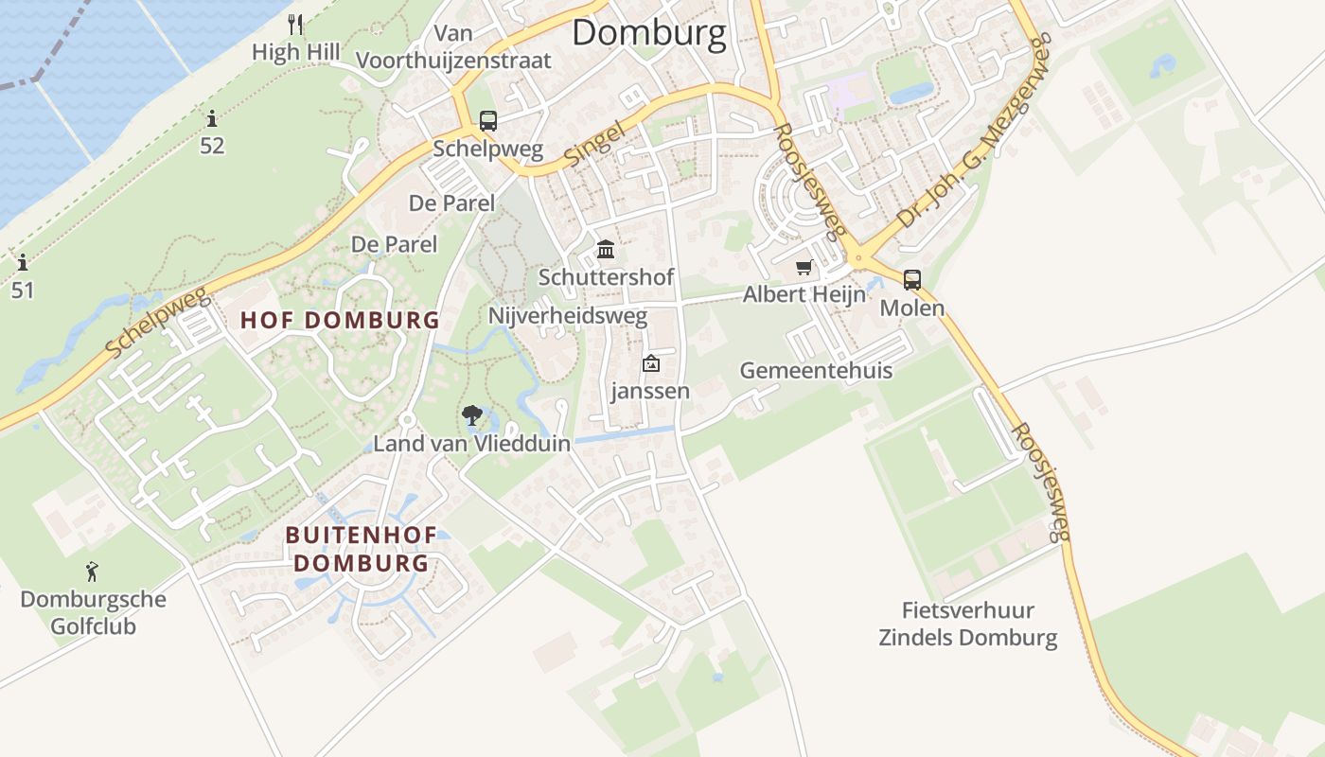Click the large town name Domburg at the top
pos(649,33)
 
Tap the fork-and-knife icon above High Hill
pos(296,24)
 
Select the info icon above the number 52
pos(212,119)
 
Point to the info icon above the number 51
pos(23,262)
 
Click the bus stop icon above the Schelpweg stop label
pos(488,121)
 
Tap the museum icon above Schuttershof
pos(606,250)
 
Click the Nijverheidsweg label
pos(568,315)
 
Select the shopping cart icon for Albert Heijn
pos(804,268)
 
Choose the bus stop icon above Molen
pos(912,280)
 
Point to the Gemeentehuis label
pos(816,370)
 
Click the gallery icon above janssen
pos(650,363)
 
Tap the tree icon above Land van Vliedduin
pos(471,414)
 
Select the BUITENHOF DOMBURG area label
pos(362,549)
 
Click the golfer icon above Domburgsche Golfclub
pos(92,572)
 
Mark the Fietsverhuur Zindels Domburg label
pos(968,624)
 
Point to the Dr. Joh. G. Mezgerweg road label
pos(975,132)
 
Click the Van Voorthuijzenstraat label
pos(453,47)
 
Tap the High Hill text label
pos(295,52)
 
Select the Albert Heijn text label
pos(804,294)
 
